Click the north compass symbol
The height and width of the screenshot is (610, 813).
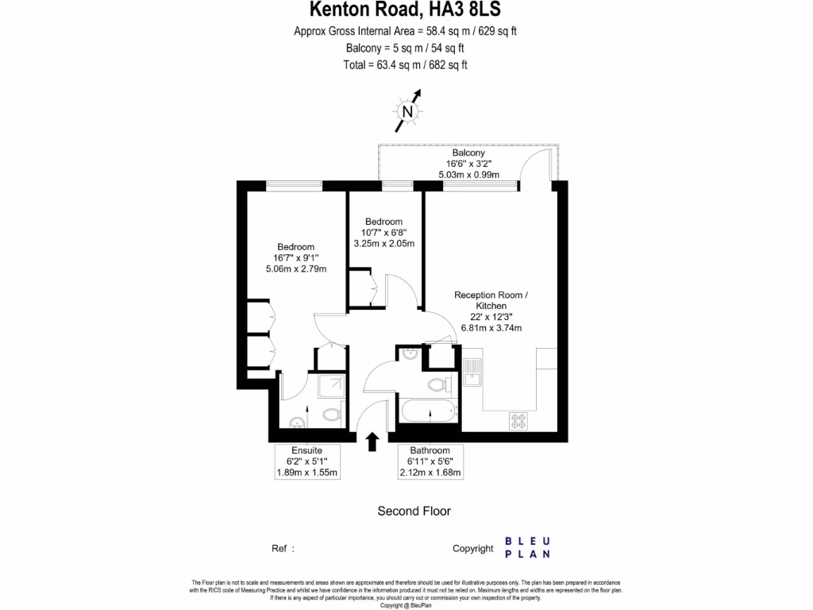[408, 112]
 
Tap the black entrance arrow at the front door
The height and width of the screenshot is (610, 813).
[372, 442]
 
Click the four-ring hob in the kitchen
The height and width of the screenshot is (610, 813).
[519, 420]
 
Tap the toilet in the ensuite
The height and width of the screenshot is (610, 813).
[333, 415]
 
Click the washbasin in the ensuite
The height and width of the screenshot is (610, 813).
[297, 422]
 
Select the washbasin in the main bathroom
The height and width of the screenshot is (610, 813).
[409, 354]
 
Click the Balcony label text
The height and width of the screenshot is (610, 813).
[468, 152]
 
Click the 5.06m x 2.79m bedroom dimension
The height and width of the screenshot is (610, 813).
[295, 269]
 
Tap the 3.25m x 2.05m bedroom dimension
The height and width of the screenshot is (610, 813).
[384, 244]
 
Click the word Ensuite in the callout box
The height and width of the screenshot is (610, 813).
[306, 450]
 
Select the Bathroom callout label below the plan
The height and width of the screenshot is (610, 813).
[430, 450]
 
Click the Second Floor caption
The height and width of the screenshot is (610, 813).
[414, 511]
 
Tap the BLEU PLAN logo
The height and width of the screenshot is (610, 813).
[527, 547]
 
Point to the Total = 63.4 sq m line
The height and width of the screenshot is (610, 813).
[405, 65]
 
